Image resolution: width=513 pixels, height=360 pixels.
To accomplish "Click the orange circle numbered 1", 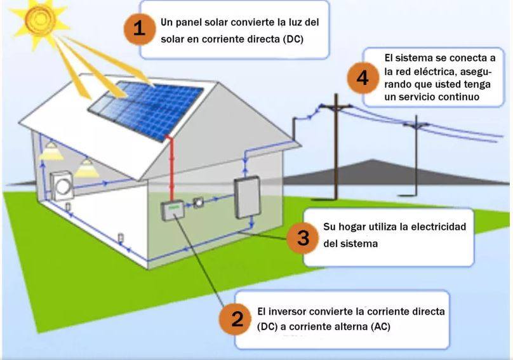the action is click(x=140, y=29).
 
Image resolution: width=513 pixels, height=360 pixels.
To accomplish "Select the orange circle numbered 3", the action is click(x=303, y=238).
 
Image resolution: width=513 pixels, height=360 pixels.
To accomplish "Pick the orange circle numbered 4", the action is click(x=363, y=78).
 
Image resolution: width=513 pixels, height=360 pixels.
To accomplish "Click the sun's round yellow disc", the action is click(x=40, y=19).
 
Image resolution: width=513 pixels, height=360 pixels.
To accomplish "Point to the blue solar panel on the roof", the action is click(x=146, y=109).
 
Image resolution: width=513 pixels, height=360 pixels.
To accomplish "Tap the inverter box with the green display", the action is click(x=173, y=211).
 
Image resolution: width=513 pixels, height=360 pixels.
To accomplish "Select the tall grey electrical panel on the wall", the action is click(x=248, y=197).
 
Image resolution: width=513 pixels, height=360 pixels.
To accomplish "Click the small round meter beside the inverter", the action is click(x=198, y=203).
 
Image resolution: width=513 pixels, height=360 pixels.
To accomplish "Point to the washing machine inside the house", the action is click(x=62, y=186).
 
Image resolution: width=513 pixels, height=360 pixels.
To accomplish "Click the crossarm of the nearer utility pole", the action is click(x=336, y=106).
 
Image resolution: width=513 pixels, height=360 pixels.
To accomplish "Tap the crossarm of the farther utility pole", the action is click(x=416, y=124).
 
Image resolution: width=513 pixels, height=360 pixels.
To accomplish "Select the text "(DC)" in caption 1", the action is click(x=293, y=39).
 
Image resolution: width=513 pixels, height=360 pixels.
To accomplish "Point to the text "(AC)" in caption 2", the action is click(x=380, y=326).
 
